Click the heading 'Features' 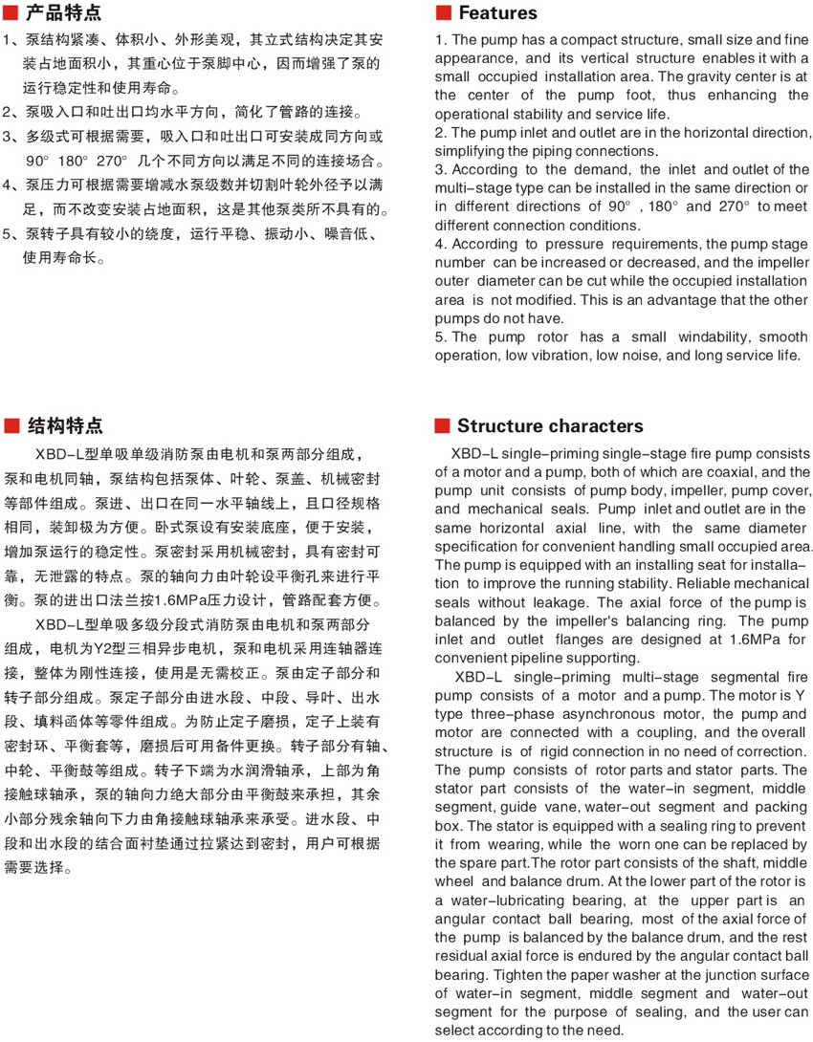497,13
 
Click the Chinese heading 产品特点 63,13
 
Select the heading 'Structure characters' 550,426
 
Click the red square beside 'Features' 443,13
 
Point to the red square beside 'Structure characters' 443,426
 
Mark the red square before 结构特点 12,426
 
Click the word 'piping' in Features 545,151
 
